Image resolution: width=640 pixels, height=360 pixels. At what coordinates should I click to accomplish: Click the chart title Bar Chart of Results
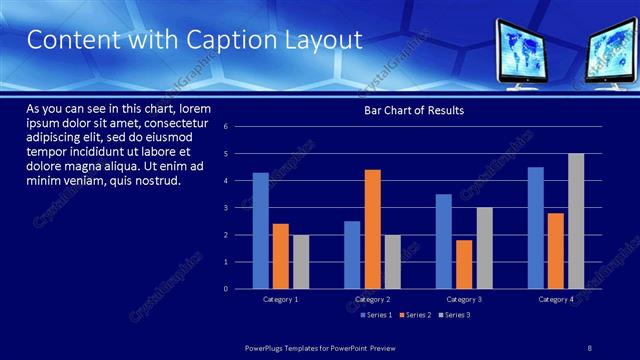pyautogui.click(x=414, y=110)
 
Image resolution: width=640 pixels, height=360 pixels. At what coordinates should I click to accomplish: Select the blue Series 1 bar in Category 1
pyautogui.click(x=260, y=230)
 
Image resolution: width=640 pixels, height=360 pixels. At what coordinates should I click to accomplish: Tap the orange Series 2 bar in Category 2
pyautogui.click(x=372, y=229)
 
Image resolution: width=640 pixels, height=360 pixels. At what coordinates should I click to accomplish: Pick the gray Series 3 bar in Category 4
pyautogui.click(x=576, y=221)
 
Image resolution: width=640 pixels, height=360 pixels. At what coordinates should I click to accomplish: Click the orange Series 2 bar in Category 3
pyautogui.click(x=464, y=264)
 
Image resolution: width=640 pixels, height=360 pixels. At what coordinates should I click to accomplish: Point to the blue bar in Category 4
pyautogui.click(x=536, y=228)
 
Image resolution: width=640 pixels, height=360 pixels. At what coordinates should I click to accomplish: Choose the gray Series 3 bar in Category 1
pyautogui.click(x=301, y=261)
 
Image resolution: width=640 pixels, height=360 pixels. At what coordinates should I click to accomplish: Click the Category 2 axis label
pyautogui.click(x=372, y=299)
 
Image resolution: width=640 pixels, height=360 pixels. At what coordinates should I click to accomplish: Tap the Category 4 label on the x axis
pyautogui.click(x=556, y=299)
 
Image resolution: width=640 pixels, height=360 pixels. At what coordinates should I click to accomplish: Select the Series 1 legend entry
pyautogui.click(x=374, y=315)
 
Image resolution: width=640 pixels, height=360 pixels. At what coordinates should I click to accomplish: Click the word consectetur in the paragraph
pyautogui.click(x=176, y=122)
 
